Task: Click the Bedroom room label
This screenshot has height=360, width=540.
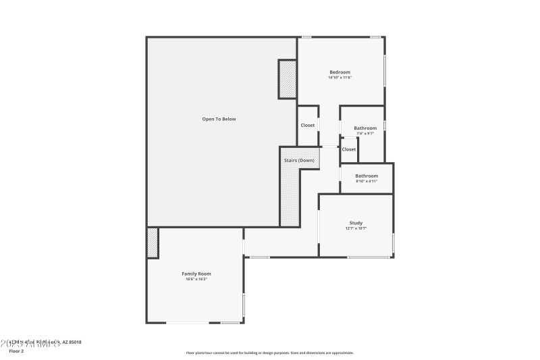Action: (340, 72)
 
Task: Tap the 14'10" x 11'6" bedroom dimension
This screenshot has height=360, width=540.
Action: (340, 78)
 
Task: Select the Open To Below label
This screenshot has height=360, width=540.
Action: (219, 119)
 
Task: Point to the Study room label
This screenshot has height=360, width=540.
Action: (356, 223)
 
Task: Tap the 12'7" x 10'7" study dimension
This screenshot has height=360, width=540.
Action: (356, 228)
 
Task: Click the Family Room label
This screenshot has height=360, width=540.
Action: (196, 274)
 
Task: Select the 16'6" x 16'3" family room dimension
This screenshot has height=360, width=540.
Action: (196, 279)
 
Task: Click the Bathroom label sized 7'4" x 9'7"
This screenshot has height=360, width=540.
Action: (365, 128)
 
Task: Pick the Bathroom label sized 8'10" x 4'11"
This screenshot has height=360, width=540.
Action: (367, 176)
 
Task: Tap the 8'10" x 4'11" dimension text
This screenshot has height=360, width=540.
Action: (367, 181)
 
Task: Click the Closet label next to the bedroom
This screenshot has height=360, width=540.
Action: (308, 125)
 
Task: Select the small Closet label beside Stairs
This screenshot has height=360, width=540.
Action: (349, 149)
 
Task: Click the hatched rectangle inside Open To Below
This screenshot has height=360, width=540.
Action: (288, 79)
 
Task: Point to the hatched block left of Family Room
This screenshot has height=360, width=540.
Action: (153, 242)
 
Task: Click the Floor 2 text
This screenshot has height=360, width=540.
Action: (16, 351)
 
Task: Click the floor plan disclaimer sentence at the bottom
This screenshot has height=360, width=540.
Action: (269, 353)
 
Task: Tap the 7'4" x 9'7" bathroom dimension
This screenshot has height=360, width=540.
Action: (365, 133)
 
